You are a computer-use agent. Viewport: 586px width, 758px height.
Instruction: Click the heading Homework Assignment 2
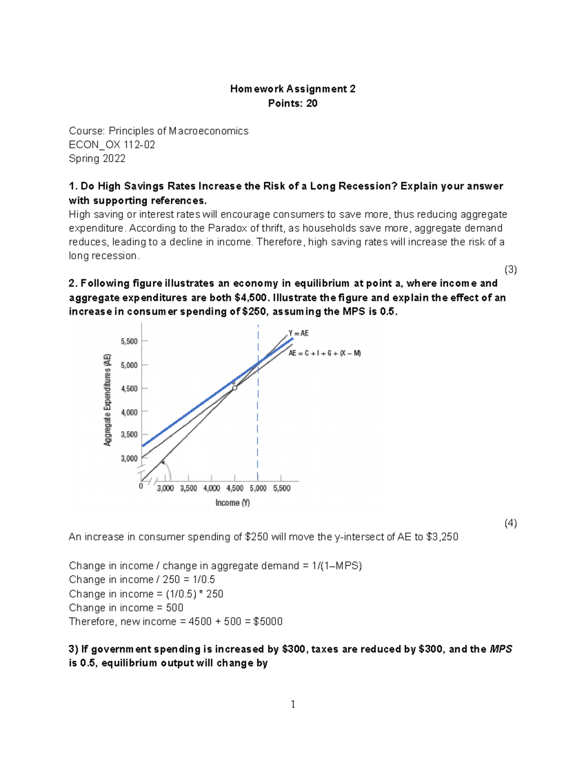(x=293, y=89)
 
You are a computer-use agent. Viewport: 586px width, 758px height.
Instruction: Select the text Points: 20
(x=293, y=103)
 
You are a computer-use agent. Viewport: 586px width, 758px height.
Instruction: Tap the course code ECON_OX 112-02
(x=112, y=144)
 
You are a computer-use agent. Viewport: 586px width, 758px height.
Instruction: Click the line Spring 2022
(x=97, y=158)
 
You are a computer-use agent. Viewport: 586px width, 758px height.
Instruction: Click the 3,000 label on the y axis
(x=129, y=458)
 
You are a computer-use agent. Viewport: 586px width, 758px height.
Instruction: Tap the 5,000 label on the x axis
(x=258, y=488)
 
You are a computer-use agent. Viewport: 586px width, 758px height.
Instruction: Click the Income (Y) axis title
(x=233, y=503)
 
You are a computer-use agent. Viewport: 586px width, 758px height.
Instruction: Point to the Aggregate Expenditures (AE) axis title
(x=107, y=400)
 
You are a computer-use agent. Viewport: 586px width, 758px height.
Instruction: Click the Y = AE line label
(x=298, y=333)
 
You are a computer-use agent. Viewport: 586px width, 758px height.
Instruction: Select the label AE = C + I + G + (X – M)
(x=324, y=353)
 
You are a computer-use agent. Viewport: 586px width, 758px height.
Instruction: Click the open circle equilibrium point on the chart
(x=235, y=388)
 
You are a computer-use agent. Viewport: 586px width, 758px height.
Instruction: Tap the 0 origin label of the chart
(x=141, y=486)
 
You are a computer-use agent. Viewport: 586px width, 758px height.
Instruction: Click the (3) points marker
(x=510, y=269)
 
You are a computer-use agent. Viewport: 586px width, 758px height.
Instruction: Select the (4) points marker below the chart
(x=510, y=523)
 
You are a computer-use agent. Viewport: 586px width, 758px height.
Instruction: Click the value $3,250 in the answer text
(x=442, y=537)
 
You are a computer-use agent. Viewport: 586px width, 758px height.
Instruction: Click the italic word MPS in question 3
(x=501, y=649)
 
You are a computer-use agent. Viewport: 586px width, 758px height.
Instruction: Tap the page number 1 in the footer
(x=293, y=704)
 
